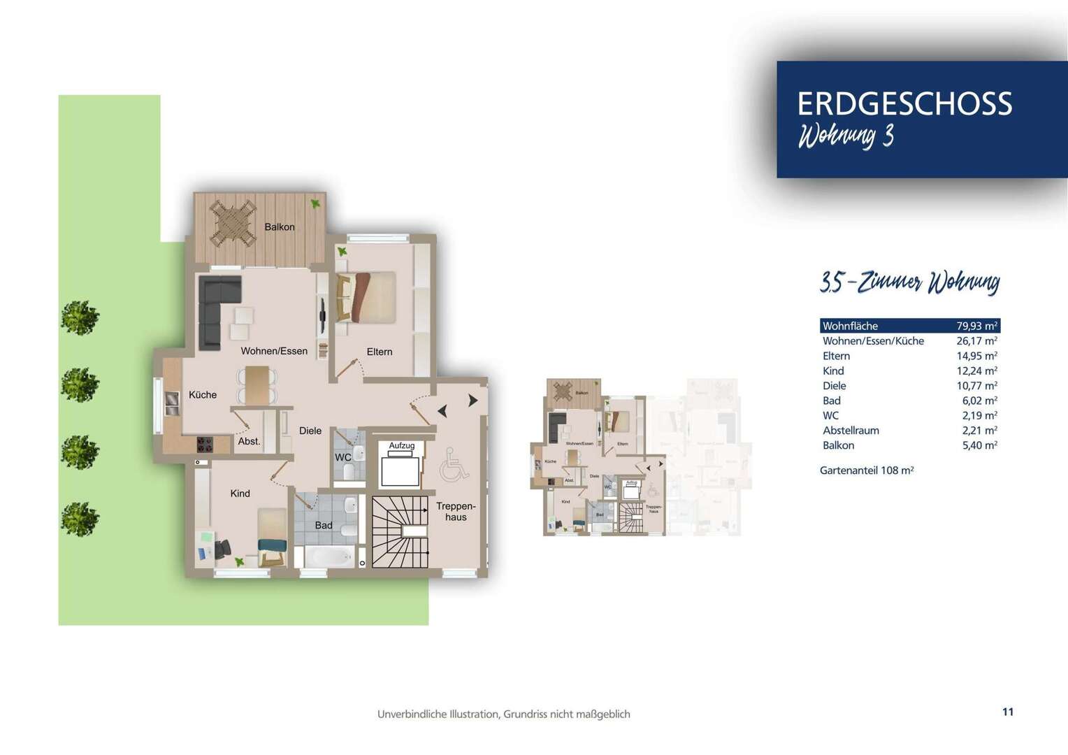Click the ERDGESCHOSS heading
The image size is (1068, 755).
(x=904, y=104)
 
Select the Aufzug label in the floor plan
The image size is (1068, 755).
(x=401, y=445)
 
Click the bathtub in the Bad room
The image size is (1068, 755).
(x=329, y=556)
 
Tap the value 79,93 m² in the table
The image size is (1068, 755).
(x=976, y=326)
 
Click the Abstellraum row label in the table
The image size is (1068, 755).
(x=851, y=431)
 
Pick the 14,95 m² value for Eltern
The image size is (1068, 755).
(x=976, y=356)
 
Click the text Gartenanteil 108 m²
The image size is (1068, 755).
(x=867, y=470)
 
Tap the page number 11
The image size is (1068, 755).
(x=1007, y=712)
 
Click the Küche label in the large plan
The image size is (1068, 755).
(x=203, y=395)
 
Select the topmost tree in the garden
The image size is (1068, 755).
(x=80, y=317)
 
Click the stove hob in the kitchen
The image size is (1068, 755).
(x=205, y=443)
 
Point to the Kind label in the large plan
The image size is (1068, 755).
(x=240, y=494)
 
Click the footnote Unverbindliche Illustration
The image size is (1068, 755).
(x=503, y=714)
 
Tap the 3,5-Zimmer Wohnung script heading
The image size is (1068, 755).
(x=909, y=282)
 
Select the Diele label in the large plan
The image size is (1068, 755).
(x=310, y=431)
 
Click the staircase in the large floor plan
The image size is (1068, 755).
(x=399, y=532)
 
